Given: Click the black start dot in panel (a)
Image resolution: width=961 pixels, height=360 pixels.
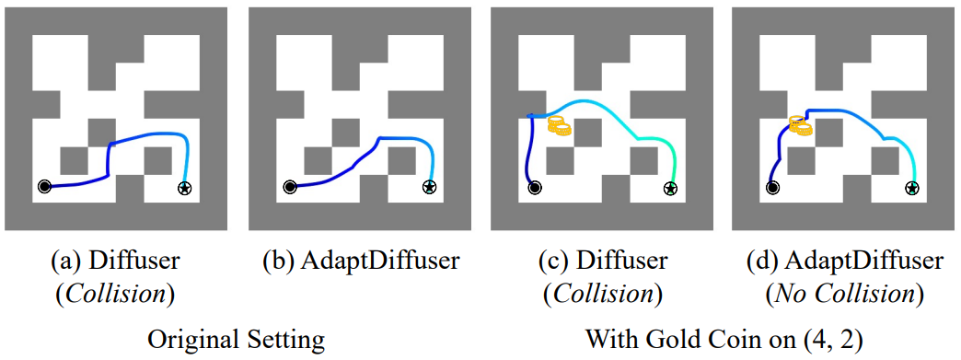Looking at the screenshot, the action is [44, 186].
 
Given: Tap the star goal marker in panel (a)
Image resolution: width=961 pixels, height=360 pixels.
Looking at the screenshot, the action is [184, 187].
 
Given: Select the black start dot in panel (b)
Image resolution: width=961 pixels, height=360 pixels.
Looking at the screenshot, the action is [289, 186].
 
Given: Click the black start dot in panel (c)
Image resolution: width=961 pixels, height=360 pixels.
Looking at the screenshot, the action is [535, 187].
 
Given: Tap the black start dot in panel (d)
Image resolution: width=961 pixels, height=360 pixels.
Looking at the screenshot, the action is [773, 187].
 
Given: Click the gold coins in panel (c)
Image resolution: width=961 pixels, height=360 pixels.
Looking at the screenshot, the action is [559, 126].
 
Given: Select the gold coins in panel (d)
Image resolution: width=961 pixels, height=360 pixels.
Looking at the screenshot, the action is [800, 125].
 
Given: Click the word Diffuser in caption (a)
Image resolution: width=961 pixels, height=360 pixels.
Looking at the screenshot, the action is [134, 261].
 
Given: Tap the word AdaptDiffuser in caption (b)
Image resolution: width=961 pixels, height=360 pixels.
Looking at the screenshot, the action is [379, 261].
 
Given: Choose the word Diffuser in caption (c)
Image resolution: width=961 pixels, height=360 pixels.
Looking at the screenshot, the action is [622, 261].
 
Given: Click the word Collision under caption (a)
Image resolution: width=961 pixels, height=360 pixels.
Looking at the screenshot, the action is [114, 295].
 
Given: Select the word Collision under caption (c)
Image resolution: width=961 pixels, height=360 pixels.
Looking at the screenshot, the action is [602, 295].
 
